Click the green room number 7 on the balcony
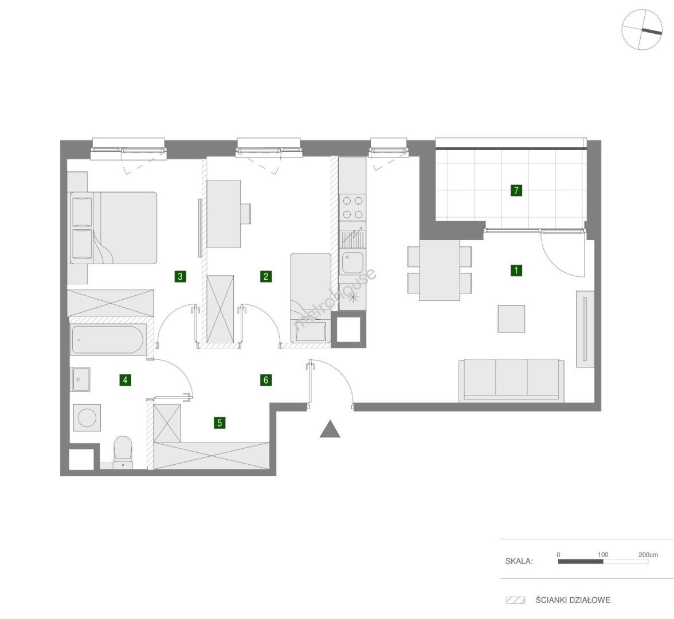pos(516,190)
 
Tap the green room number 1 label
pos(516,270)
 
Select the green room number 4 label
pos(125,379)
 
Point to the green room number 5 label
pos(220,423)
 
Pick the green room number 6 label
pos(266,379)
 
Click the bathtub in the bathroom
pos(107,340)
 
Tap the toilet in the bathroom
pos(123,452)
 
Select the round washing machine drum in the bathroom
pos(87,417)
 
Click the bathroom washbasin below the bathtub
pos(81,379)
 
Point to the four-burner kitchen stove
pos(352,207)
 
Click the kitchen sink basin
pos(352,263)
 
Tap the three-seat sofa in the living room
pos(511,380)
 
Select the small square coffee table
pos(511,319)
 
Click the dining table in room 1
pos(440,270)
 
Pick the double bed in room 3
pos(113,228)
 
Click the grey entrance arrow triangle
pos(330,429)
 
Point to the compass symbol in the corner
pos(642,30)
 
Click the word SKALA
pos(519,561)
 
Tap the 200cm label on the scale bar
pos(648,555)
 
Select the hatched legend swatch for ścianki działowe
pos(515,600)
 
